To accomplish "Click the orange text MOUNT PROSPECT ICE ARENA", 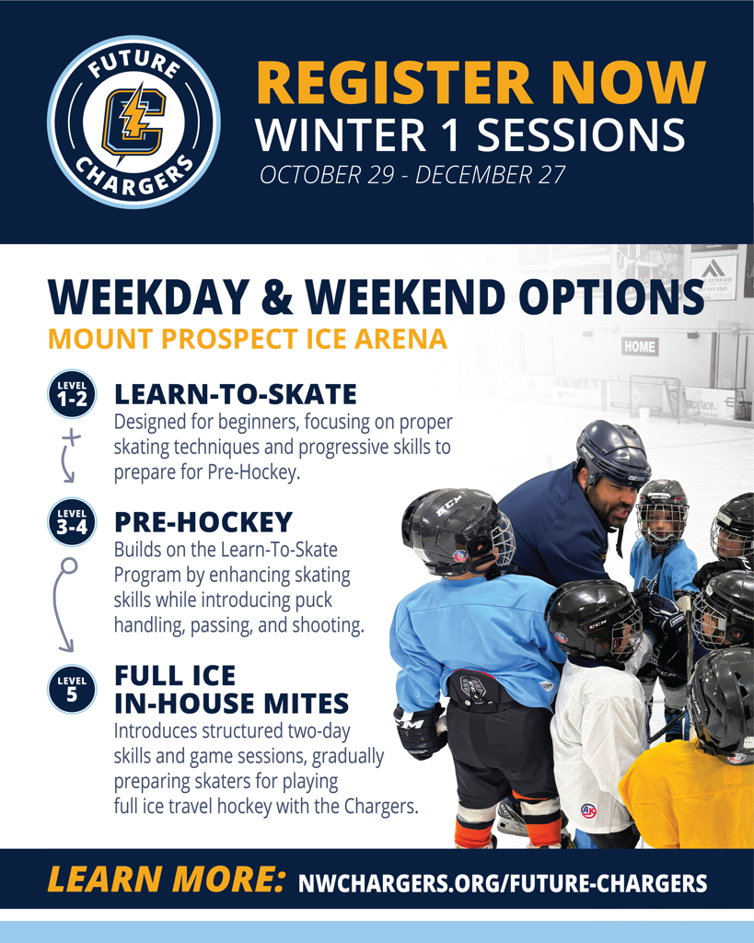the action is (x=248, y=339).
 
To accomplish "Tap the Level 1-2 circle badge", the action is (x=72, y=394).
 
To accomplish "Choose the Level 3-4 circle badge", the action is (x=72, y=522).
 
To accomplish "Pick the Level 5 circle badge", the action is (x=72, y=689).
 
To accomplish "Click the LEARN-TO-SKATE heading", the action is (x=236, y=394).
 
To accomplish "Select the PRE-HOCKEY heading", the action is (x=203, y=522).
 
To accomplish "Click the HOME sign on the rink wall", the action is (x=640, y=346).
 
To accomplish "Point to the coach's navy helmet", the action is (x=611, y=450).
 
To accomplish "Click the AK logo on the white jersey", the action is (x=588, y=811).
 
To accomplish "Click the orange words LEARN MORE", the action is (x=166, y=879).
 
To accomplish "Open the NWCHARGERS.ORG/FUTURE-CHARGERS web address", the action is (x=503, y=883).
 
